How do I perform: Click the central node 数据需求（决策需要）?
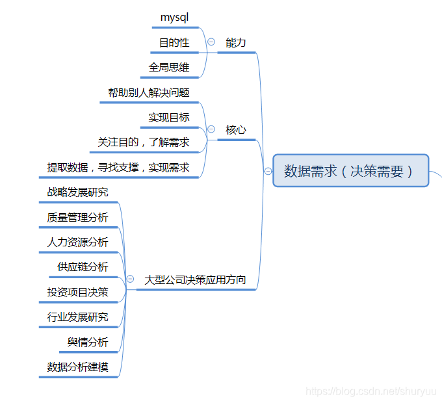pyautogui.click(x=350, y=170)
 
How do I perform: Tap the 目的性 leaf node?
pyautogui.click(x=174, y=42)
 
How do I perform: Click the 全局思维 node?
pyautogui.click(x=169, y=67)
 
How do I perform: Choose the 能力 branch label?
pyautogui.click(x=236, y=42)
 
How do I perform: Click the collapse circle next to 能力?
pyautogui.click(x=211, y=42)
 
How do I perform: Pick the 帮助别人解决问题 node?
pyautogui.click(x=149, y=92)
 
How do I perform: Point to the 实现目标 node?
pyautogui.click(x=169, y=118)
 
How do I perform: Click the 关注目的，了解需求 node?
pyautogui.click(x=144, y=142)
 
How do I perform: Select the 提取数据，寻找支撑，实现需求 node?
pyautogui.click(x=118, y=167)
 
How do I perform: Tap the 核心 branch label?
pyautogui.click(x=236, y=129)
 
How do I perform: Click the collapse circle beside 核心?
pyautogui.click(x=211, y=129)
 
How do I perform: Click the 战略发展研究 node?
pyautogui.click(x=78, y=192)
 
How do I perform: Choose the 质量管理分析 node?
pyautogui.click(x=78, y=217)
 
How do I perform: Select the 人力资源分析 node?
pyautogui.click(x=78, y=242)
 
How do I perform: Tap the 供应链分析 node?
pyautogui.click(x=83, y=267)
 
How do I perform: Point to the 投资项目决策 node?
pyautogui.click(x=78, y=292)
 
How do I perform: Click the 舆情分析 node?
pyautogui.click(x=88, y=342)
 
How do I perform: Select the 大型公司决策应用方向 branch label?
pyautogui.click(x=195, y=279)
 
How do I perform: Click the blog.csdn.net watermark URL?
pyautogui.click(x=371, y=391)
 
